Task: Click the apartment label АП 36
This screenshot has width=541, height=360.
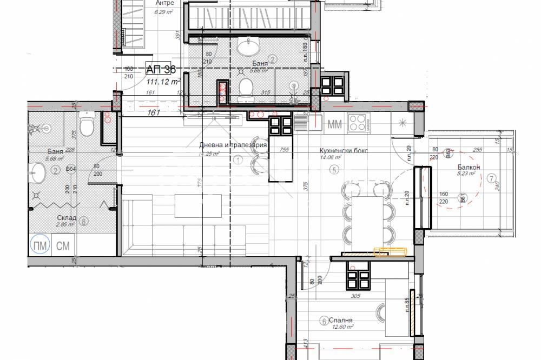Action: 161,69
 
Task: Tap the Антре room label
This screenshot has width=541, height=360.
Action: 164,3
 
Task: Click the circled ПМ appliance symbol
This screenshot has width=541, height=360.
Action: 40,246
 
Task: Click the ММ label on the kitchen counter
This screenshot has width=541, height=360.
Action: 335,124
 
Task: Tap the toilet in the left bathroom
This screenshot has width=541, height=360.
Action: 86,126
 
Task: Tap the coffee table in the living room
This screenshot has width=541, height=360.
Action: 198,205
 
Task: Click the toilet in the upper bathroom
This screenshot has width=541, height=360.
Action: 247,88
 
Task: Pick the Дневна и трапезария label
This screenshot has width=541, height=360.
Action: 233,145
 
